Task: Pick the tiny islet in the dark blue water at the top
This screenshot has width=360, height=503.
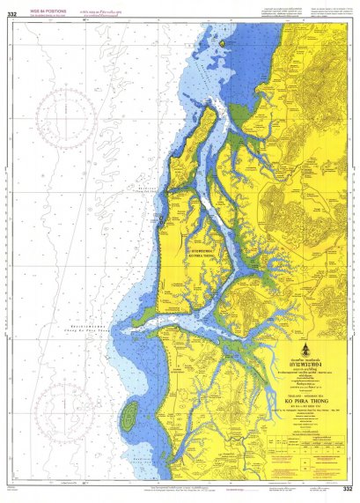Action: click(x=224, y=41)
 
